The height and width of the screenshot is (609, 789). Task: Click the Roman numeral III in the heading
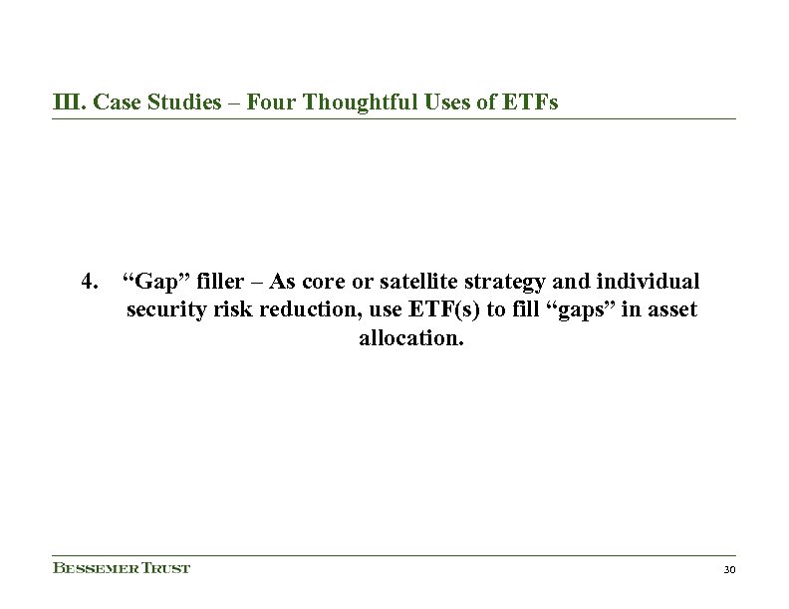point(65,102)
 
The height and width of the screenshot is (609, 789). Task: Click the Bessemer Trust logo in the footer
point(121,569)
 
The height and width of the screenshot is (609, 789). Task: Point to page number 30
point(727,570)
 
